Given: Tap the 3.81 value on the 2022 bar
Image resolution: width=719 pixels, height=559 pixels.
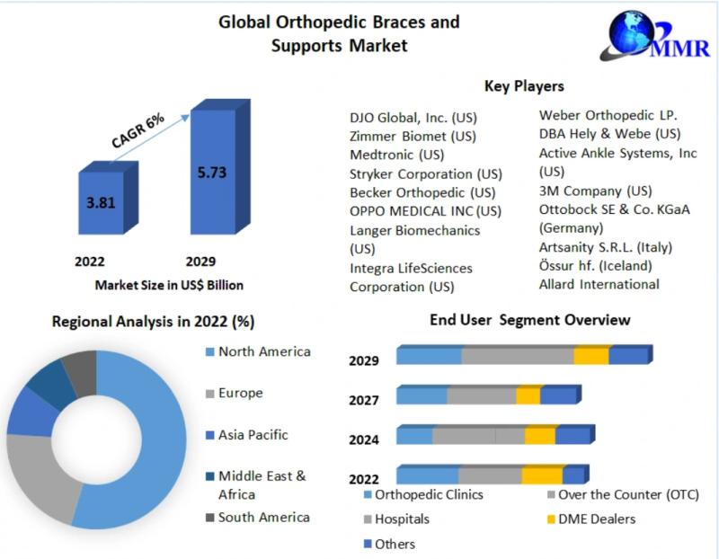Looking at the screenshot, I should point(101,202).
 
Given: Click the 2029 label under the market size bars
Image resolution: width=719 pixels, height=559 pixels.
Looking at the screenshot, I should point(200,262).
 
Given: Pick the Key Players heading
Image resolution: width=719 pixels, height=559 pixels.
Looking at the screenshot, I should point(524,86).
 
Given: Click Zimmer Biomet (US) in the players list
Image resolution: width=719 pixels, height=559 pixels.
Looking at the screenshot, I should point(413,137).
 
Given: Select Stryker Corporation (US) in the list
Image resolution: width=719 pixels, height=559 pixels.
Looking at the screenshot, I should point(425,173).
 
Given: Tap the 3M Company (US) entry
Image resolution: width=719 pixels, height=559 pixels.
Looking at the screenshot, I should point(595,191).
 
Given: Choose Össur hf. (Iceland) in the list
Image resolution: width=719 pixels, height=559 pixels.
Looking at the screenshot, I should point(595,266).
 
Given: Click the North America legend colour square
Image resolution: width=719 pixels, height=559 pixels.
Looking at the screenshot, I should point(210,352).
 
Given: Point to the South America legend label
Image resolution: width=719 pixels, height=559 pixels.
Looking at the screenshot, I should point(263,517).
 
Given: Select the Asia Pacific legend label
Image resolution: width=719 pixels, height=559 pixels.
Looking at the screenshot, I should point(253,435).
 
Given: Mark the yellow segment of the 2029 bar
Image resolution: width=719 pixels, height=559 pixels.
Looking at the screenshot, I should point(590,356).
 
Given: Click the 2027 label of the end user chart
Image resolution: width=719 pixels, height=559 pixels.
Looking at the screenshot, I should point(364,400).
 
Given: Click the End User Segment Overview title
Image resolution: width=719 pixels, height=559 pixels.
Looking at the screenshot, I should point(529,320).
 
